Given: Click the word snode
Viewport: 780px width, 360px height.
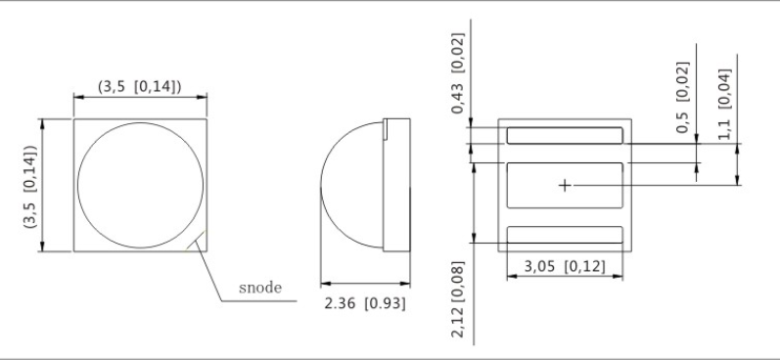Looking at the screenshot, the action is coord(260,288).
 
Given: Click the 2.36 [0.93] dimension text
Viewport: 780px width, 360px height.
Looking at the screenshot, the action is coord(365,303).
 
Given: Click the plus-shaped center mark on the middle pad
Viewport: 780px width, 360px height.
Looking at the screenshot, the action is coord(565,186).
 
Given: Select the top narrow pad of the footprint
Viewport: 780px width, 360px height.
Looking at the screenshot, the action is coord(565,136).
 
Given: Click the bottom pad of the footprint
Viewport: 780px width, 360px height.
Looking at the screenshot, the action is coord(565,235).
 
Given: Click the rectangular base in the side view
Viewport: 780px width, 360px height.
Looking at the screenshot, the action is coord(396,185).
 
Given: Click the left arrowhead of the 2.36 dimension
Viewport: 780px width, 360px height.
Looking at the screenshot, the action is coord(326,284).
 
